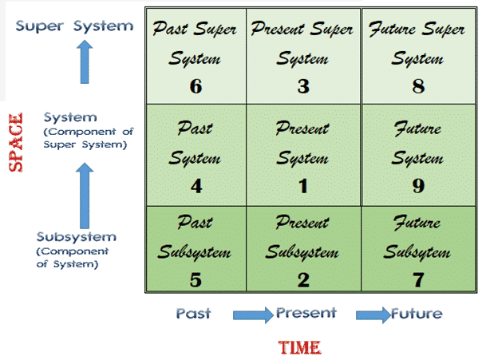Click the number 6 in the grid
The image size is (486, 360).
point(196,85)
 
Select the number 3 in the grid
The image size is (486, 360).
point(302,85)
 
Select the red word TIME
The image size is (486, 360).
point(300,347)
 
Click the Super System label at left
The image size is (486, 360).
point(75,26)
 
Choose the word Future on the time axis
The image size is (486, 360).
point(417,314)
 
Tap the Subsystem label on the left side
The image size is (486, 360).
point(76,237)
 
